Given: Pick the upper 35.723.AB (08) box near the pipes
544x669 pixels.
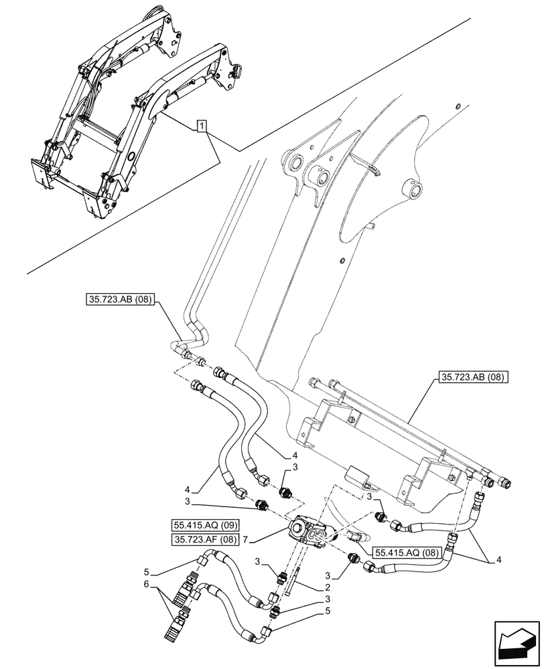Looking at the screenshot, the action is pos(123,300).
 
